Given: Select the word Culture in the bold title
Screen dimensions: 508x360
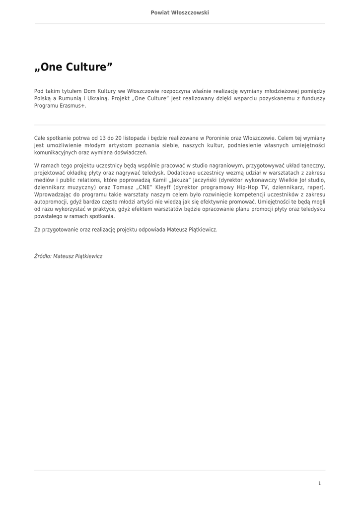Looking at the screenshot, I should (x=85, y=67).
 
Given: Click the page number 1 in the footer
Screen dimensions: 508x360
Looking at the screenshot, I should (x=319, y=483).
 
